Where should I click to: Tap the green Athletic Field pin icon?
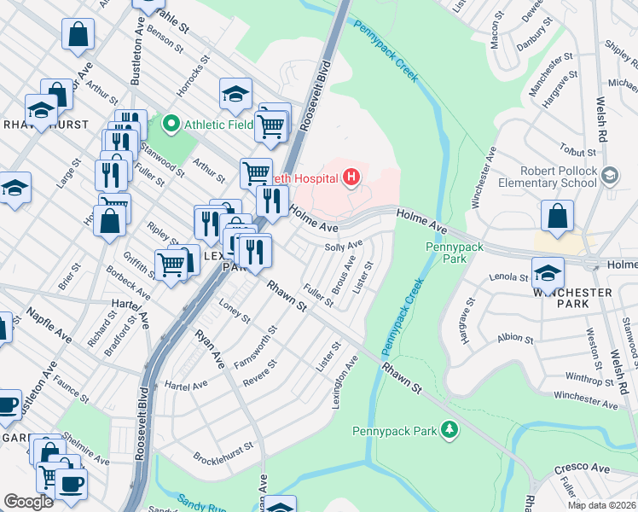tap(171, 125)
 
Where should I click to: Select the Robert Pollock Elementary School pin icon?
tap(609, 177)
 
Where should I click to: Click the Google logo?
tap(29, 502)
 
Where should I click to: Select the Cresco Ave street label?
tap(582, 468)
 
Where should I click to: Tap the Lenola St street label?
tap(511, 277)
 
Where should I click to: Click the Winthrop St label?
tap(583, 375)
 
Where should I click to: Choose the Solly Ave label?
tap(345, 247)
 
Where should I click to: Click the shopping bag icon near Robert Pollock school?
tap(557, 217)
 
